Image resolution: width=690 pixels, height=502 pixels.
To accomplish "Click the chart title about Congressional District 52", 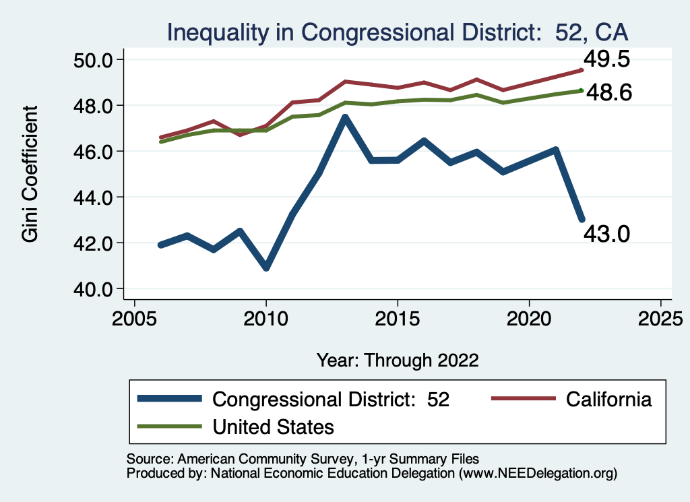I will (398, 32).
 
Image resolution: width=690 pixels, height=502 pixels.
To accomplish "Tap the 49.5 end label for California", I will (606, 59).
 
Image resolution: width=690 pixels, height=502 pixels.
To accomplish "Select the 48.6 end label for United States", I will (608, 92).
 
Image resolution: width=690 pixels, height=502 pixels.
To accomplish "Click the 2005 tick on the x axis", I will (134, 317).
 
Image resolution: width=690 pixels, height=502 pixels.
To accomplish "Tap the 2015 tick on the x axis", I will (398, 317).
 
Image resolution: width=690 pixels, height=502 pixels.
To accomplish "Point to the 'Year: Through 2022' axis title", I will (398, 360).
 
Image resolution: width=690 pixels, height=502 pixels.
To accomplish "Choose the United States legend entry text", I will (273, 427).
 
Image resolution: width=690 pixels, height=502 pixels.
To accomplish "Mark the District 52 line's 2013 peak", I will (345, 118).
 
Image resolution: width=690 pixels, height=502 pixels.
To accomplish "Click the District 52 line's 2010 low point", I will (266, 268).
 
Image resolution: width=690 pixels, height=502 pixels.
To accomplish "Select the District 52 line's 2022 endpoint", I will (582, 219).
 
